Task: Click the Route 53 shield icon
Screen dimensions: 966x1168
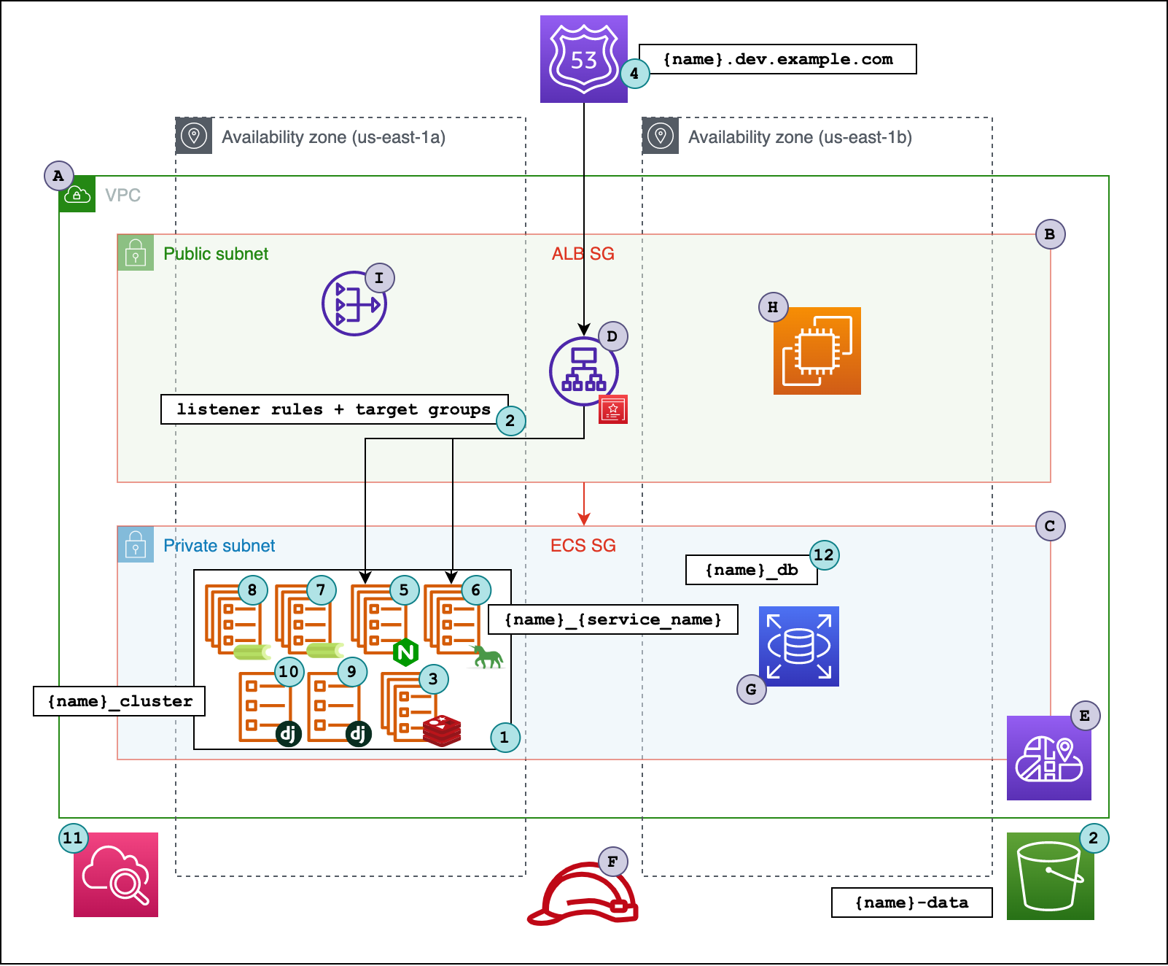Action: click(583, 59)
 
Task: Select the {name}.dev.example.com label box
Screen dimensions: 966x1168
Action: click(777, 59)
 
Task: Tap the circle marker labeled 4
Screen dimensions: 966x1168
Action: click(634, 74)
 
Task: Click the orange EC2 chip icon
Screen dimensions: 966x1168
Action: click(817, 351)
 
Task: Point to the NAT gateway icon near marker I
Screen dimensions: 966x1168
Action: click(354, 304)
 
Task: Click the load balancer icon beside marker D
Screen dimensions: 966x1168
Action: click(583, 371)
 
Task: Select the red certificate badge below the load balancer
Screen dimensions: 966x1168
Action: click(613, 409)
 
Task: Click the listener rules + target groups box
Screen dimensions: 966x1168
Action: click(334, 409)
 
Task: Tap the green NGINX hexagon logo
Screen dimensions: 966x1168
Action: click(405, 652)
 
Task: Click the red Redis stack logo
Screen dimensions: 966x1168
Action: click(442, 730)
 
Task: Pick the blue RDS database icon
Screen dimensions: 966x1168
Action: click(798, 646)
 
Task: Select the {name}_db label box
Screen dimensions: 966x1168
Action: click(751, 570)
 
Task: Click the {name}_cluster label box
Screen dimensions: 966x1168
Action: click(119, 701)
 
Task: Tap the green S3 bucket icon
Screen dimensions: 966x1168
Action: click(1050, 876)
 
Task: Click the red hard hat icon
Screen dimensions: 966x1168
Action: click(583, 895)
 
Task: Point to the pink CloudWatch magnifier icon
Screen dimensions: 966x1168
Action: click(116, 875)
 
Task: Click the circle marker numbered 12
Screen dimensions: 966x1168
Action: click(824, 555)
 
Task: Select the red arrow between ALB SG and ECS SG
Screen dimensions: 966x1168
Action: click(583, 504)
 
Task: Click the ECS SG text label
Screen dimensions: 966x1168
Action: click(583, 546)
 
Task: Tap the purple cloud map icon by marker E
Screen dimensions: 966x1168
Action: click(1048, 758)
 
